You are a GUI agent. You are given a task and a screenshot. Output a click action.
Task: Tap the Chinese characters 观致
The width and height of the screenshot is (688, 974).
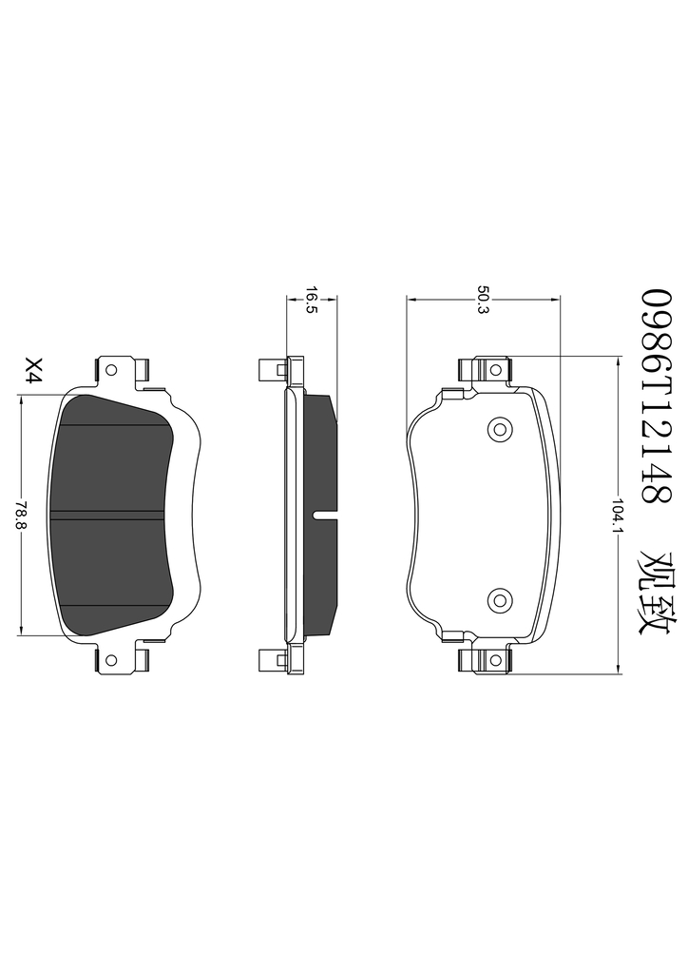click(655, 592)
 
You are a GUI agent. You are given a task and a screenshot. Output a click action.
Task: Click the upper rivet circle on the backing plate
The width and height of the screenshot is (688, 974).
click(499, 428)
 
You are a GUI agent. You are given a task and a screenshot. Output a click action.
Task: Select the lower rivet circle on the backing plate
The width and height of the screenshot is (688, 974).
click(499, 599)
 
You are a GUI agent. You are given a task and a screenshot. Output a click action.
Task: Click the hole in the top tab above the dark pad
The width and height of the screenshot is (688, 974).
click(112, 370)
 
